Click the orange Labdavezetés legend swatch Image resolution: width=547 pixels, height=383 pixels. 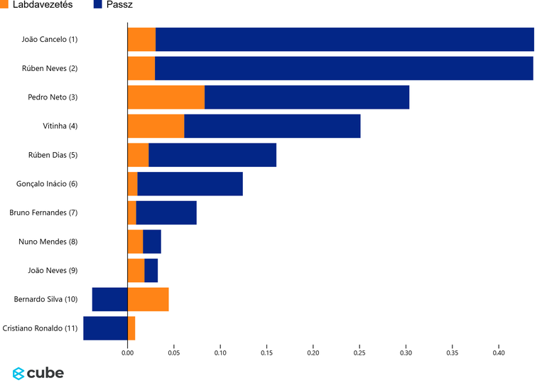tap(4, 5)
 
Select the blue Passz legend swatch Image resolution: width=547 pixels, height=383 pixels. tap(98, 5)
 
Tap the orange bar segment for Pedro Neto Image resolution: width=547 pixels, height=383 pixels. tap(166, 97)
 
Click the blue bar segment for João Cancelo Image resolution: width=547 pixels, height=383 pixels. tap(345, 39)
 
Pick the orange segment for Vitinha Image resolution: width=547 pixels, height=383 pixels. tap(156, 126)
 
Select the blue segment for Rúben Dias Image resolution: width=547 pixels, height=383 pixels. tap(212, 155)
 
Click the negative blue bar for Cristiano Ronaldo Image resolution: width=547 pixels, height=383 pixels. tap(105, 328)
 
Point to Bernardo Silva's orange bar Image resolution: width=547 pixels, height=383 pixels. tap(148, 299)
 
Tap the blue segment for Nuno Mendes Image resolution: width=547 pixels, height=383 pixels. tap(152, 242)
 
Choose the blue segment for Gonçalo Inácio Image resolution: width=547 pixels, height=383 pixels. tap(190, 184)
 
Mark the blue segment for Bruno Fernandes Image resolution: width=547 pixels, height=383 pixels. tap(166, 212)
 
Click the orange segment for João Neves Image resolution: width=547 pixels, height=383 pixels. tap(136, 271)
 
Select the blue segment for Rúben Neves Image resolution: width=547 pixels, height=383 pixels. tap(344, 68)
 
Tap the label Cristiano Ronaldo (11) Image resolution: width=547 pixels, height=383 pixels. tap(40, 328)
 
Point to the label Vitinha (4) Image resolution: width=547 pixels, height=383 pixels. tap(60, 126)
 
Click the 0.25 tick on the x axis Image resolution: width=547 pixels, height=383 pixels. tap(359, 352)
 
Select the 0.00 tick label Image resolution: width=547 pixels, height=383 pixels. tap(127, 352)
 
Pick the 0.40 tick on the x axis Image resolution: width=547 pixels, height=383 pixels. tap(499, 352)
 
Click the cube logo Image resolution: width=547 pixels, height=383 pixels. tap(38, 372)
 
